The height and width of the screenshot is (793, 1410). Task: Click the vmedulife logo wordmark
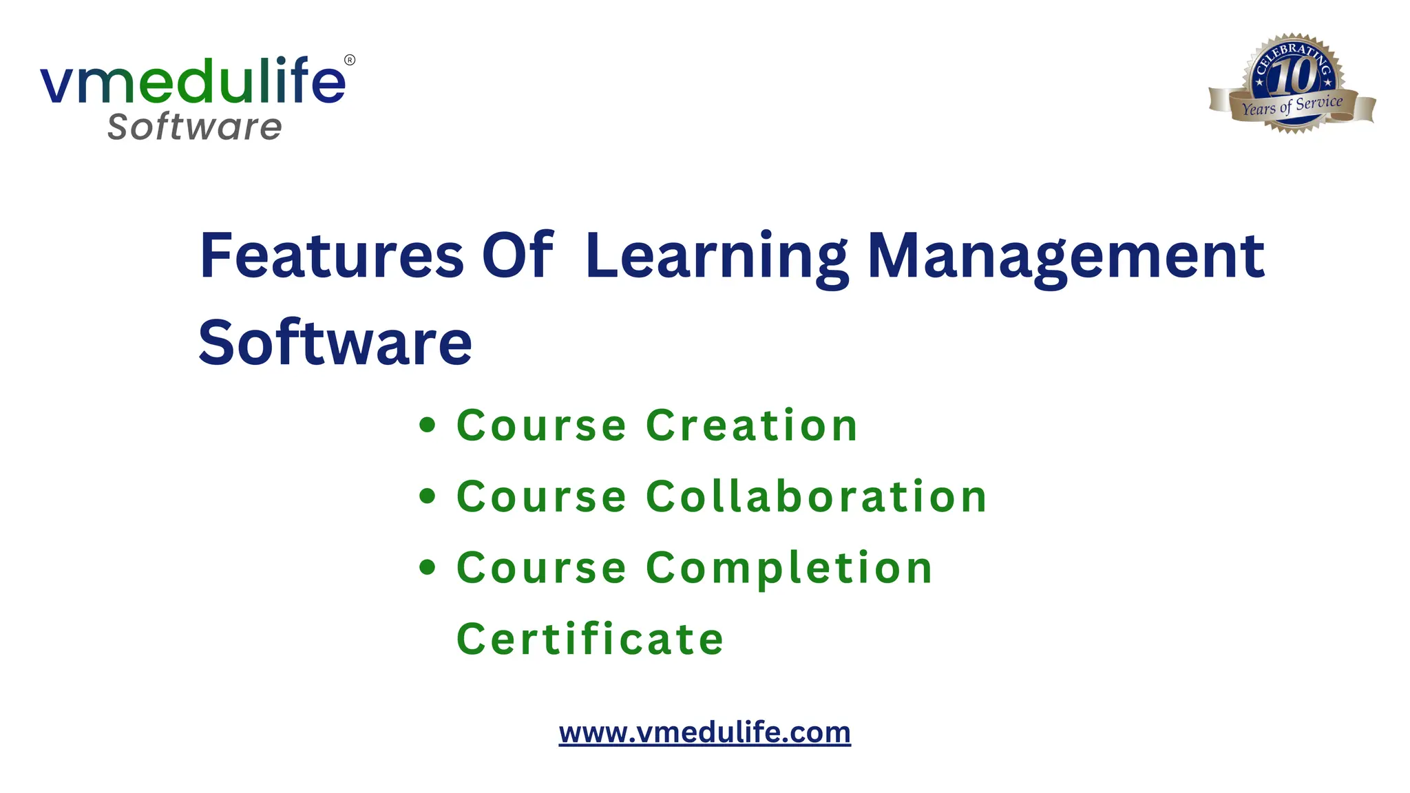193,81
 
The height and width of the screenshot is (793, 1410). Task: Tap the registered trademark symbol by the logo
350,60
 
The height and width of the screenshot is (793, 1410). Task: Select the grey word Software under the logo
195,127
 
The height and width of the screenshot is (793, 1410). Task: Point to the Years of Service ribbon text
1292,106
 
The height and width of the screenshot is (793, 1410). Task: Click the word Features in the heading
331,255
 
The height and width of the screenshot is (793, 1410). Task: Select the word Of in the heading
517,255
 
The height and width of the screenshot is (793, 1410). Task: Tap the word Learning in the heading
717,257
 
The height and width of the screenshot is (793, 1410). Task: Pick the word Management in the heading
1066,257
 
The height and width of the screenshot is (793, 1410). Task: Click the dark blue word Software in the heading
335,343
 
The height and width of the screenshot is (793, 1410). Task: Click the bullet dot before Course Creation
428,425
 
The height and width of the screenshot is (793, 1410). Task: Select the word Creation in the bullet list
752,425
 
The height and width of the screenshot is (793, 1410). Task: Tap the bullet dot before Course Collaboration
428,496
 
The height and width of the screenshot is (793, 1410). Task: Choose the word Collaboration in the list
817,496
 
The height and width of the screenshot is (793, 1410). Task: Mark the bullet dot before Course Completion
428,567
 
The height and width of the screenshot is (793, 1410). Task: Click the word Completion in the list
789,569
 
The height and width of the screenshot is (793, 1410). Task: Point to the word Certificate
590,639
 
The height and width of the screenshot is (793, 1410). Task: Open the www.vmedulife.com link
704,732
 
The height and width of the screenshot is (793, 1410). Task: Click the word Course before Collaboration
541,496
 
